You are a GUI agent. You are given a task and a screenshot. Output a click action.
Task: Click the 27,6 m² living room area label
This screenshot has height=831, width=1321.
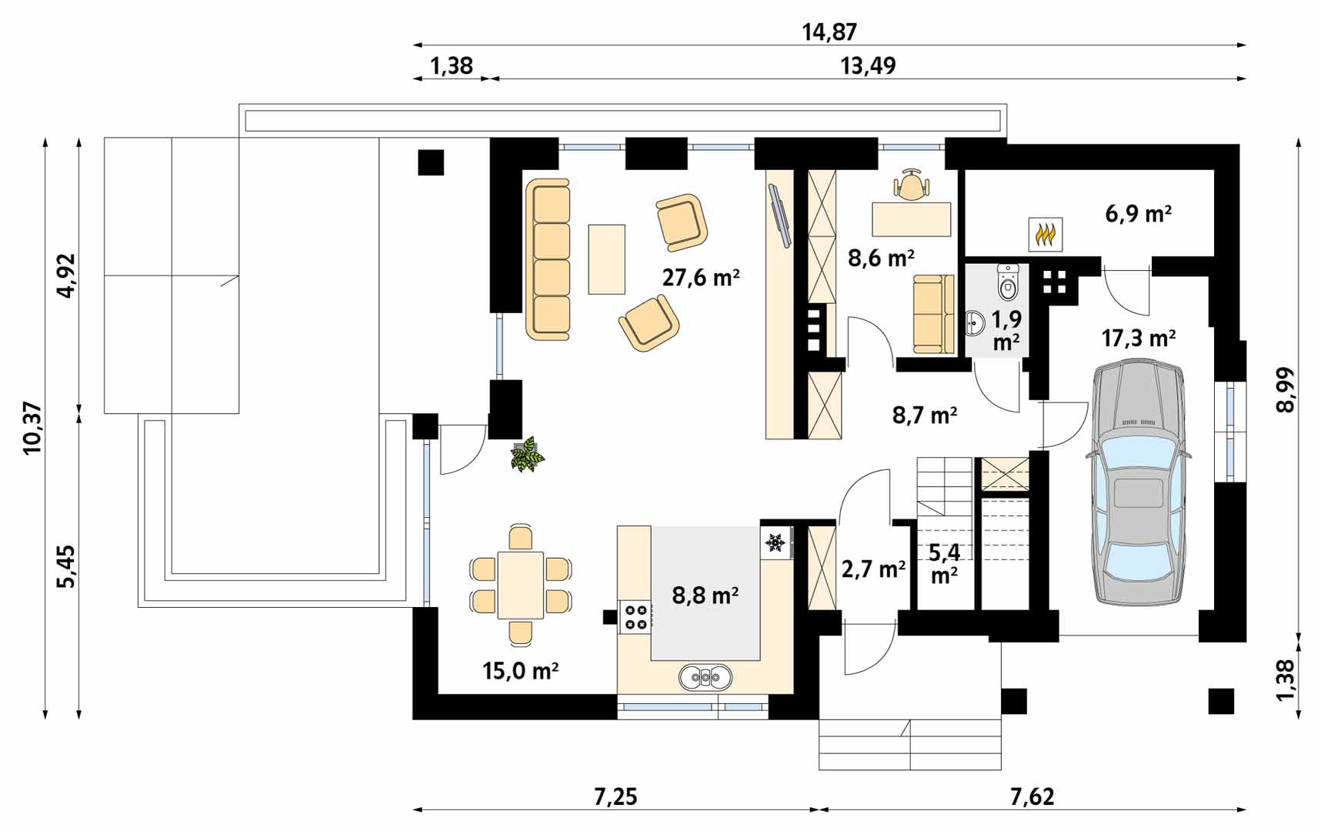701,276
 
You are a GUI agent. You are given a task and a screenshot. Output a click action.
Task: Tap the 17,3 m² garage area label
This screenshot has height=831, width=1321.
1138,337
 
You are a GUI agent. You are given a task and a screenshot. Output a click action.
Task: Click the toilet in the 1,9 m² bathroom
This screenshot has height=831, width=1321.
1007,282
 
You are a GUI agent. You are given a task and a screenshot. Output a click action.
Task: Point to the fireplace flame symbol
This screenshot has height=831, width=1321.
1046,234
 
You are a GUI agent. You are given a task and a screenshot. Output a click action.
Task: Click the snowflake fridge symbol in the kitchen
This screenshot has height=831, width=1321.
776,542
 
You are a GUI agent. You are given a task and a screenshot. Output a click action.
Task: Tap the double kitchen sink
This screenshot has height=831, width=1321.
706,677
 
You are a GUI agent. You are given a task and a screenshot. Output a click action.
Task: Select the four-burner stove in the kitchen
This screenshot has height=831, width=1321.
636,617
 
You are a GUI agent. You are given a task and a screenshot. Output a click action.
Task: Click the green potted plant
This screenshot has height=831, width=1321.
527,454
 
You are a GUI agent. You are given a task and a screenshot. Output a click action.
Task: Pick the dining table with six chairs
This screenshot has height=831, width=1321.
521,585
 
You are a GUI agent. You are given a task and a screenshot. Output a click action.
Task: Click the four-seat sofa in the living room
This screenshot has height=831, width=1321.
548,259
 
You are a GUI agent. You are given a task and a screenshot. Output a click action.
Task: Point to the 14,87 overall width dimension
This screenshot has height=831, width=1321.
829,32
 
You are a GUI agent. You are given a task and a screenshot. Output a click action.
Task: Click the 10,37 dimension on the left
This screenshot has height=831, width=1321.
33,428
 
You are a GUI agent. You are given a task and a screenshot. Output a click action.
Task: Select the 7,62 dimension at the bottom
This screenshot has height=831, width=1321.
1032,796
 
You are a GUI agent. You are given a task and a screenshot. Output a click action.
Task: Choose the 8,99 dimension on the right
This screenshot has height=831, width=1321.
1285,390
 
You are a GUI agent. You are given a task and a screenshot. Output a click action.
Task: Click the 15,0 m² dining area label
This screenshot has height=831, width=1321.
520,671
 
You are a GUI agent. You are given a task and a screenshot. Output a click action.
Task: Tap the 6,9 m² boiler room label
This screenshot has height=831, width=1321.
1138,213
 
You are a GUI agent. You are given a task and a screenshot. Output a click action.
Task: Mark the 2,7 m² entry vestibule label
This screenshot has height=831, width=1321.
873,569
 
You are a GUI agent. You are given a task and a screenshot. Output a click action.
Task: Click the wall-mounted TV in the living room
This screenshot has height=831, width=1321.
779,215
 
